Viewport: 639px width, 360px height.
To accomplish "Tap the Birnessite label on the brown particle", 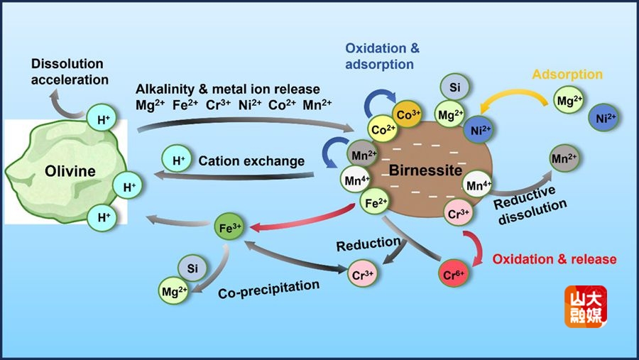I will (425, 171).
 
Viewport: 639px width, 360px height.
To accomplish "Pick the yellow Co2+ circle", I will (383, 129).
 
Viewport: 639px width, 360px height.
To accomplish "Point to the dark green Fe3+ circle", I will (229, 228).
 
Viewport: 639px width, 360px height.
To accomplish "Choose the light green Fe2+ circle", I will (375, 204).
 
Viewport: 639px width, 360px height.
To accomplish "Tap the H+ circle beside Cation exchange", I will (177, 160).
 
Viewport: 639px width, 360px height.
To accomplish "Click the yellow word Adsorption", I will (567, 75).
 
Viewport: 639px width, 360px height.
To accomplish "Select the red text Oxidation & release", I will (555, 259).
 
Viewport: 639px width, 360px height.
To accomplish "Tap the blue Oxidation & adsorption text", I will (383, 56).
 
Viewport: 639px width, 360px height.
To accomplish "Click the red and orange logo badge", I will (585, 306).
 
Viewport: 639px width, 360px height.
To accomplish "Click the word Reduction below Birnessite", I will (368, 244).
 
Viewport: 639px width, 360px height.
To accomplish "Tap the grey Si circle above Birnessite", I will (454, 87).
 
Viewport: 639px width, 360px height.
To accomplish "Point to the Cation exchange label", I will (251, 161).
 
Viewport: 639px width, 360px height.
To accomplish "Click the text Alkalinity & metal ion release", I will (228, 89).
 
